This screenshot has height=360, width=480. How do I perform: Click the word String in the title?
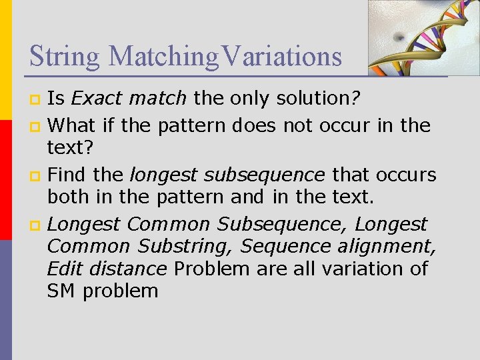coord(63,57)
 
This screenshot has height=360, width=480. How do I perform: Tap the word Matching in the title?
coord(163,57)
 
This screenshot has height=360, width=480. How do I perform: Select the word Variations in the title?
coord(282,57)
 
